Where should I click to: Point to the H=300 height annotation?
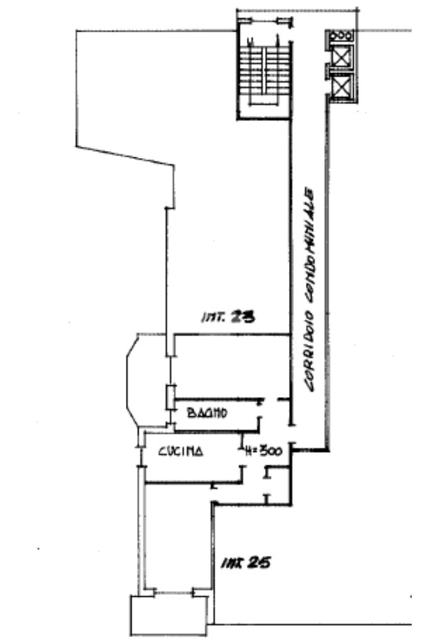point(265,451)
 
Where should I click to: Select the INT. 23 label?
point(226,318)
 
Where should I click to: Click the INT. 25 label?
point(245,562)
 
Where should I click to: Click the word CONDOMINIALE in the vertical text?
point(311,232)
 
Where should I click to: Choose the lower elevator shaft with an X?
point(341,87)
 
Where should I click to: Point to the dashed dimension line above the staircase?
point(296,10)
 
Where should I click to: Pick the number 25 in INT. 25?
point(259,562)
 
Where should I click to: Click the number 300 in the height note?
point(272,451)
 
